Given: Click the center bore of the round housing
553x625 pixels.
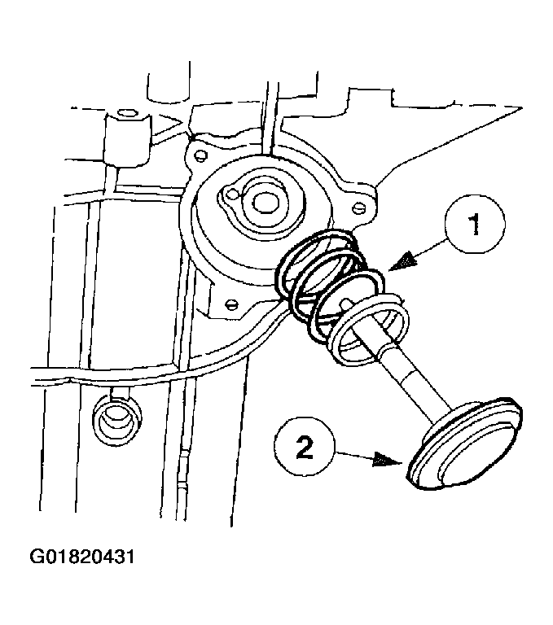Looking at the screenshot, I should [265, 200].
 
